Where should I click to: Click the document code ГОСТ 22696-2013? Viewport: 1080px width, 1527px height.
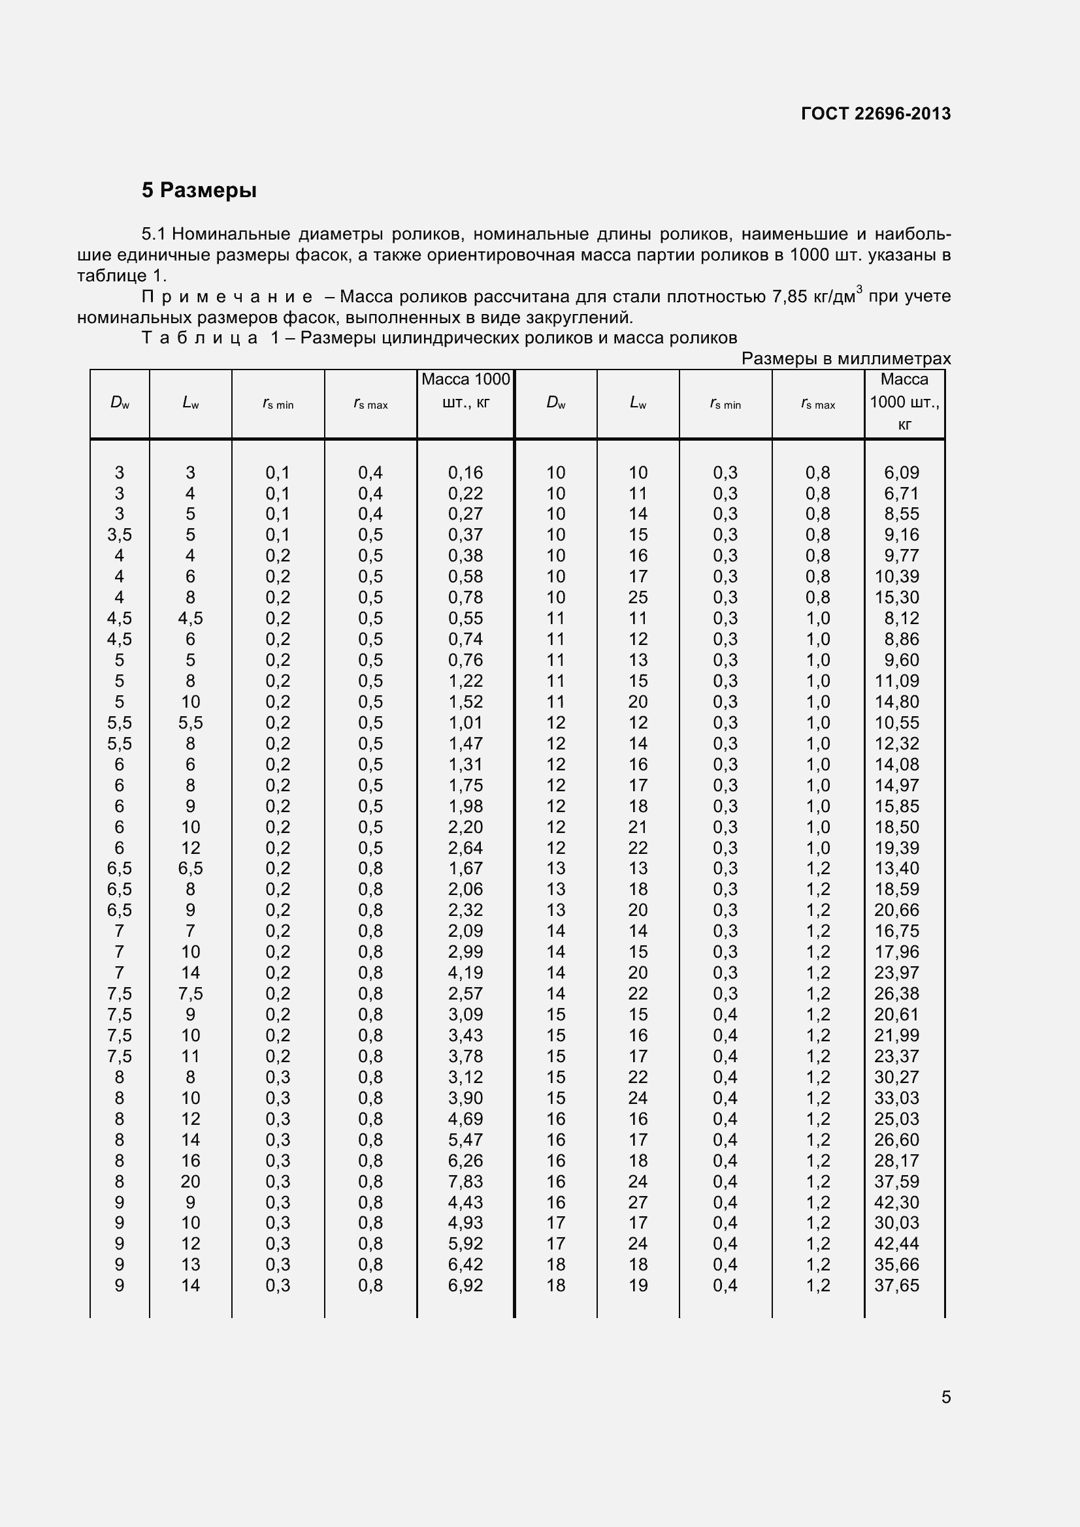875,114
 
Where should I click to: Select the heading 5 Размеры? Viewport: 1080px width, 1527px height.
199,190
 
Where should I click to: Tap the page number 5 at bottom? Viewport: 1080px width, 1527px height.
945,1396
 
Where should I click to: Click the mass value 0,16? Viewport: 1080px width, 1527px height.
465,472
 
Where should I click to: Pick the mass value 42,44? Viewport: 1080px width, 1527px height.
896,1243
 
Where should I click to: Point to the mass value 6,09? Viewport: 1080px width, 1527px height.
901,472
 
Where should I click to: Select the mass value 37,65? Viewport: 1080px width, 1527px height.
896,1285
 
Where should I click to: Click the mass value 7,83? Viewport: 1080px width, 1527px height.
465,1181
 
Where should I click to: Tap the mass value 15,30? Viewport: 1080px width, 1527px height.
896,597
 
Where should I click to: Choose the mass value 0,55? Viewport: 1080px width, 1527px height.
465,618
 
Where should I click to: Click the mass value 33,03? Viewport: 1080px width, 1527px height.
896,1097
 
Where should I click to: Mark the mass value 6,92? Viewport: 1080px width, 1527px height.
465,1285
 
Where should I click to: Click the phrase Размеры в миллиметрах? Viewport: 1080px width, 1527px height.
845,358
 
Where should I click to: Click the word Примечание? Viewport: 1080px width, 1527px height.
227,296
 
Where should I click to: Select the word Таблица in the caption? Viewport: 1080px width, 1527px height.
200,338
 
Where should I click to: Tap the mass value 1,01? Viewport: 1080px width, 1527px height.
465,722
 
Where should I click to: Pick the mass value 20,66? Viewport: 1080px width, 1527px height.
896,910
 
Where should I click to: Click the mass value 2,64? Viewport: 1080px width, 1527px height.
465,847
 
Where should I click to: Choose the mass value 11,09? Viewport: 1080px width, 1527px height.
896,680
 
